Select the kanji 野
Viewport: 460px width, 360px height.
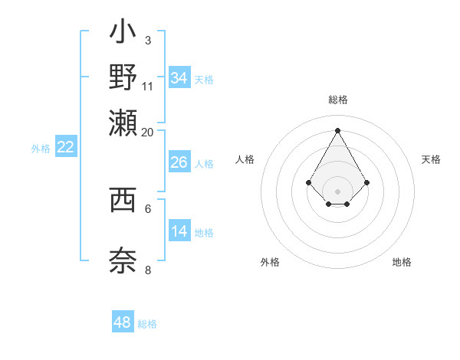(123, 77)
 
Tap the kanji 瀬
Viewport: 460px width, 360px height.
(123, 120)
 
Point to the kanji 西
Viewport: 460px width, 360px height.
(123, 199)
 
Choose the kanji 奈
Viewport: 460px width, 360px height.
(123, 260)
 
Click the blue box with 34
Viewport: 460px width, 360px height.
(179, 77)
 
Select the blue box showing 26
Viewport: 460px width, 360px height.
(179, 162)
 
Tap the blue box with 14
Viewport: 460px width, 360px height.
(179, 231)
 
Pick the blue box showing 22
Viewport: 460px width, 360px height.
(66, 148)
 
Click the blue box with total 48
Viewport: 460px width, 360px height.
(123, 322)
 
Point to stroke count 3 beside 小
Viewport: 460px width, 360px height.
(148, 40)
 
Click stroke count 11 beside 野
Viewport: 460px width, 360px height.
(148, 85)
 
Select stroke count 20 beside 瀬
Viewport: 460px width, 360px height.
(148, 132)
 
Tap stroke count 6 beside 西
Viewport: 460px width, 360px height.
(148, 208)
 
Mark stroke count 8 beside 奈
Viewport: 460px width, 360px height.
(148, 270)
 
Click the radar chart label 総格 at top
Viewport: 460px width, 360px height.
(337, 100)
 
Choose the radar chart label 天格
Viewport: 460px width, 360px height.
(431, 159)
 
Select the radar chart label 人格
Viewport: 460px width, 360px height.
(245, 159)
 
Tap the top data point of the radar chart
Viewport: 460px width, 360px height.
(337, 130)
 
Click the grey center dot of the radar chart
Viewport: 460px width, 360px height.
(337, 191)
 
